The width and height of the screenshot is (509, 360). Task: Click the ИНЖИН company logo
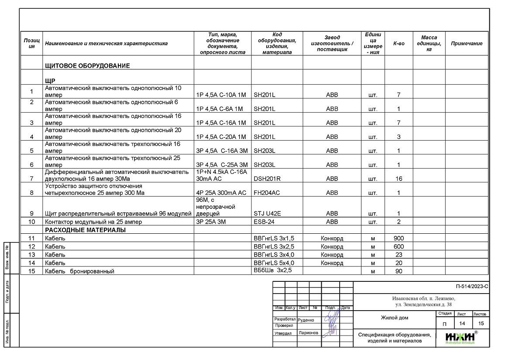point(461,337)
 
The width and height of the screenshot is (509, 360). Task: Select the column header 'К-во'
point(399,44)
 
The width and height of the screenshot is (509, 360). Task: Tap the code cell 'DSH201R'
point(267,179)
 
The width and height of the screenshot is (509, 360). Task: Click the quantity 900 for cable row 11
point(399,239)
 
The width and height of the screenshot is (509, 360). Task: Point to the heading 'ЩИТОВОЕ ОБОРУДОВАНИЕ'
point(87,66)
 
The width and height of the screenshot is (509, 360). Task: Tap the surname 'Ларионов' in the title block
point(309,333)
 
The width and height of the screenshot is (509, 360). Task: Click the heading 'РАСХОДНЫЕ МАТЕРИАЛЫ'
point(85,230)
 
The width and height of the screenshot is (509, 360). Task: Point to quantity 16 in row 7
point(399,179)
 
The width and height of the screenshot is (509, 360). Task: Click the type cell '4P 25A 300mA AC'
point(221,193)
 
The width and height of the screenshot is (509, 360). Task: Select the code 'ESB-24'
point(264,222)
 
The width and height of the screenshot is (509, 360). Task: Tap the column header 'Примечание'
point(466,44)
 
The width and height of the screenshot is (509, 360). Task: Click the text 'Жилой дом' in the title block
point(395,318)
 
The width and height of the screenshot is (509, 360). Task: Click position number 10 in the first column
point(31,222)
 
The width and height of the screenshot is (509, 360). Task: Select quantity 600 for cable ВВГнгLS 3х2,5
point(399,247)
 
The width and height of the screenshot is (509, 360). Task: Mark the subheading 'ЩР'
point(49,81)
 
